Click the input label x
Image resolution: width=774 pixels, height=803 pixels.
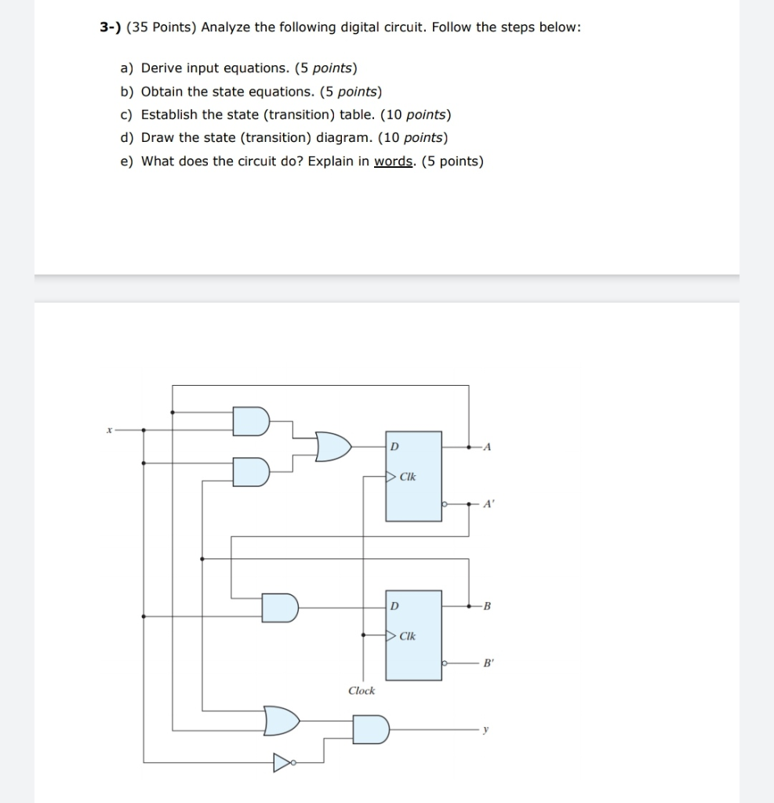coord(111,430)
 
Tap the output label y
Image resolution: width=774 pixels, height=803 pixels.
coord(486,730)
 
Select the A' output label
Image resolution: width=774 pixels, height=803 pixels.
coord(488,505)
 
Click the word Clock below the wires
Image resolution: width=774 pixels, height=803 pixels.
coord(362,691)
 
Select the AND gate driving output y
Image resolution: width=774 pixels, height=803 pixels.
coord(370,729)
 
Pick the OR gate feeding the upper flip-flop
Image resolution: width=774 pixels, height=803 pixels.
coord(332,446)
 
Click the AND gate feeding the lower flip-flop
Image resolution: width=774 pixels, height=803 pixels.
coord(280,607)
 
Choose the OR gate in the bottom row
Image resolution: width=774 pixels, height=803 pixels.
coord(282,720)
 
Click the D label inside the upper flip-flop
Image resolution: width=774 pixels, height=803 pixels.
coord(394,447)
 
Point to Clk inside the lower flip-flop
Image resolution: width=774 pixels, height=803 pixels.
coord(408,636)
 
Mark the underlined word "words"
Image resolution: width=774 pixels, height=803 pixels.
coord(394,162)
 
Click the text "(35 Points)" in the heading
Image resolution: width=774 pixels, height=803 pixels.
coord(162,27)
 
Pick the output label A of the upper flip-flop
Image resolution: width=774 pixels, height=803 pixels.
coord(487,447)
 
